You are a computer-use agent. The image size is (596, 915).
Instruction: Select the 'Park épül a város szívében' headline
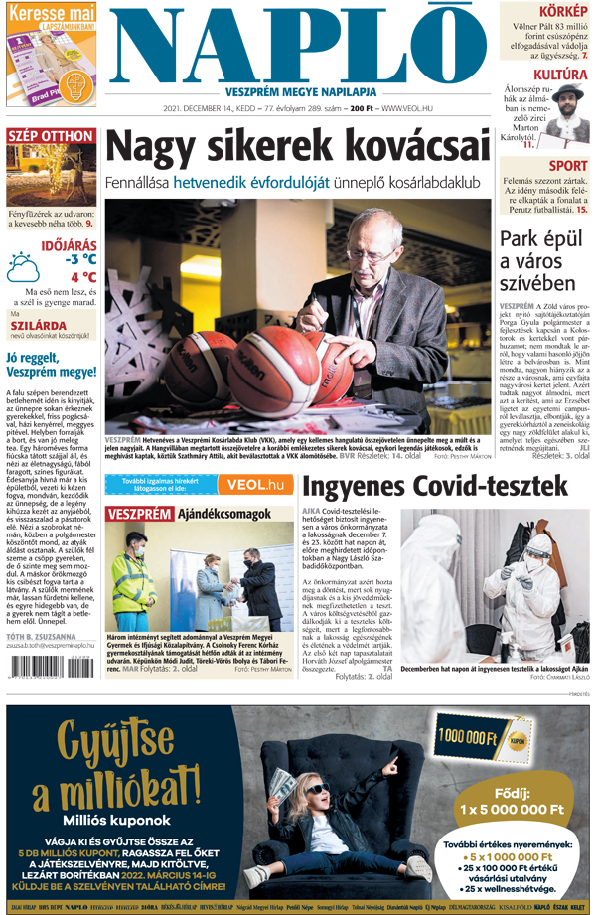pyautogui.click(x=542, y=260)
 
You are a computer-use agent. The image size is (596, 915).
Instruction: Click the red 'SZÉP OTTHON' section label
pyautogui.click(x=49, y=136)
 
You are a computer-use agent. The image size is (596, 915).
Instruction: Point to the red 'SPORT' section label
pyautogui.click(x=567, y=166)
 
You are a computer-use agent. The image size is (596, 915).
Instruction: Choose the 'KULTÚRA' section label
pyautogui.click(x=559, y=75)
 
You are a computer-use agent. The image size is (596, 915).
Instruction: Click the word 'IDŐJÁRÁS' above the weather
pyautogui.click(x=69, y=243)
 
